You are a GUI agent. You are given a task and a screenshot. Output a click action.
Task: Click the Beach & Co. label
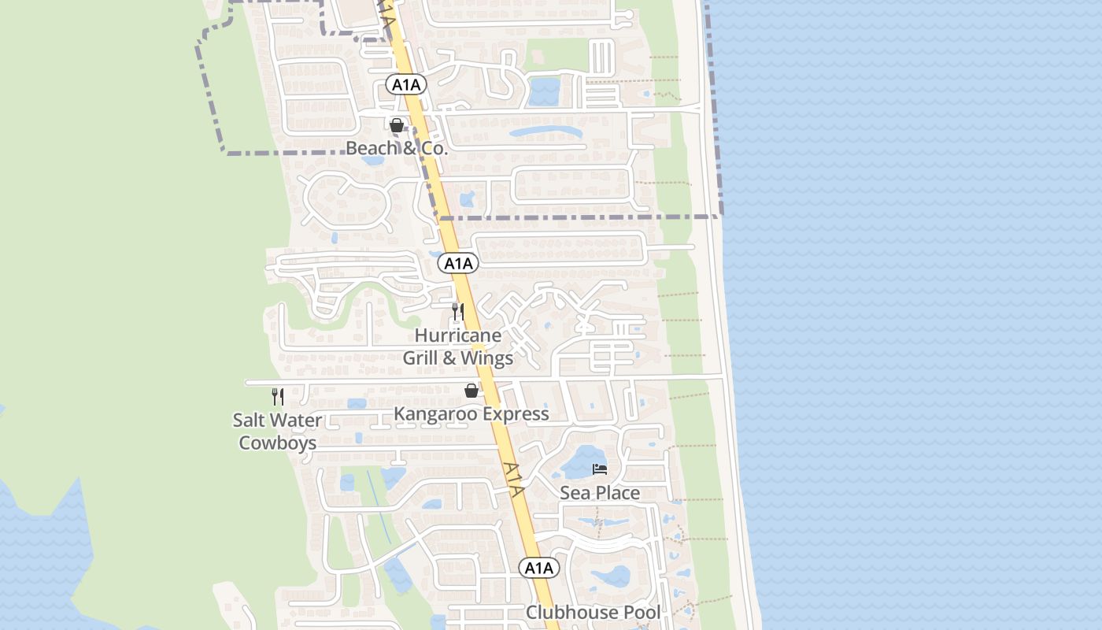pyautogui.click(x=397, y=148)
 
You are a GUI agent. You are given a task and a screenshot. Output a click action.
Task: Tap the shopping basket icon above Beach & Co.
pyautogui.click(x=397, y=125)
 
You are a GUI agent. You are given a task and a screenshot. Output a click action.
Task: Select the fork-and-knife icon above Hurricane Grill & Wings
pyautogui.click(x=458, y=312)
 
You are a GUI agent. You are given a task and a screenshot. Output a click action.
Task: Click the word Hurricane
pyautogui.click(x=458, y=335)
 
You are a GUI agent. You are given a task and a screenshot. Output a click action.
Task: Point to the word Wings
pyautogui.click(x=486, y=358)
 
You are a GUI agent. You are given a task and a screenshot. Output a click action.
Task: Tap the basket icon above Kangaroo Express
pyautogui.click(x=471, y=391)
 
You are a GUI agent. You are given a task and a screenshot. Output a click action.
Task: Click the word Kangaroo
pyautogui.click(x=438, y=413)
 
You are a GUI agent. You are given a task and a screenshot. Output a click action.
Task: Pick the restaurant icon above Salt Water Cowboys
pyautogui.click(x=278, y=396)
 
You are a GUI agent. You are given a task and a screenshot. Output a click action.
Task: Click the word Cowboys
pyautogui.click(x=278, y=443)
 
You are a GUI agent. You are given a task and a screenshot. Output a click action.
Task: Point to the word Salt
pyautogui.click(x=250, y=421)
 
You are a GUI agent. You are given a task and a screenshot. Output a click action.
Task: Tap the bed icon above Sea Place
pyautogui.click(x=600, y=470)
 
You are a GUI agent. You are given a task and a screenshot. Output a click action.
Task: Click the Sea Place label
pyautogui.click(x=600, y=493)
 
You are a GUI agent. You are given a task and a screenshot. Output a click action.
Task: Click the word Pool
pyautogui.click(x=642, y=612)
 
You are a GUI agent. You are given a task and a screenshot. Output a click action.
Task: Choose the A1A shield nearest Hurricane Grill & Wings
pyautogui.click(x=458, y=263)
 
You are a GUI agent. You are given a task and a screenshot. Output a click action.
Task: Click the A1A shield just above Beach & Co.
pyautogui.click(x=405, y=85)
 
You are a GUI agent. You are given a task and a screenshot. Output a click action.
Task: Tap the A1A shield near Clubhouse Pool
pyautogui.click(x=539, y=568)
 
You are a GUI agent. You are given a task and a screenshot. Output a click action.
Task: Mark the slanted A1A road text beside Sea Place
pyautogui.click(x=513, y=478)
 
